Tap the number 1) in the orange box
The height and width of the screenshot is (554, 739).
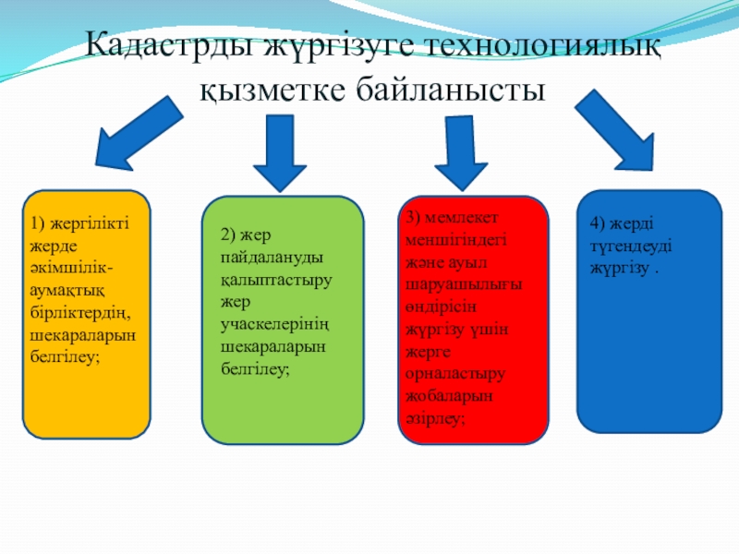[36, 223]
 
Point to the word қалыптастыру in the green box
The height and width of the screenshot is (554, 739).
[276, 280]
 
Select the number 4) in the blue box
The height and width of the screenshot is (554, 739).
[599, 223]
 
